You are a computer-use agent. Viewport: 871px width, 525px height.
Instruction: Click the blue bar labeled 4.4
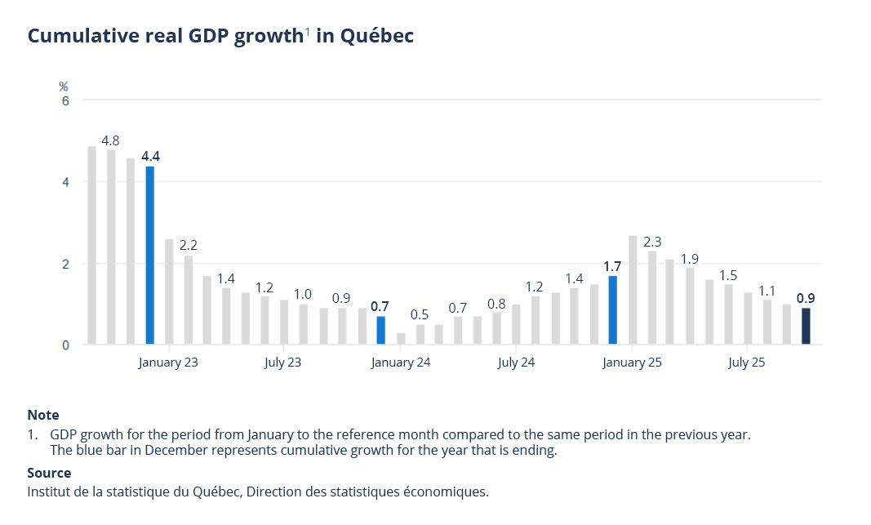coord(150,255)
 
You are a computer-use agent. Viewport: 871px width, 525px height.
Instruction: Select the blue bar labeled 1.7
coord(612,310)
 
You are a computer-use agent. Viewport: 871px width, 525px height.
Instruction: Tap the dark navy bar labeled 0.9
coord(806,326)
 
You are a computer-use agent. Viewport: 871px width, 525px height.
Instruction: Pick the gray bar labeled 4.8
coord(111,247)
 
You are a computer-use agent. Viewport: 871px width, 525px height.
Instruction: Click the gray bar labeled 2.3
coord(652,298)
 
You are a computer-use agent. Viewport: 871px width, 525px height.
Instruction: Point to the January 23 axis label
coord(168,363)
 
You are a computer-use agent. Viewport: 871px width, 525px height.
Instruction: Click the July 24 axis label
coord(517,363)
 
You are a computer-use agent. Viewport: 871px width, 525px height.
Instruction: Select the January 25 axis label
coord(633,363)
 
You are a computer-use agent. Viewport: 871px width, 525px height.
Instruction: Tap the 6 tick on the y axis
coord(65,100)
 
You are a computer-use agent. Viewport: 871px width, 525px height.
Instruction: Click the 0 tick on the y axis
coord(65,345)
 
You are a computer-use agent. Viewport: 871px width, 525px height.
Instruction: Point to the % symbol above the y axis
coord(64,86)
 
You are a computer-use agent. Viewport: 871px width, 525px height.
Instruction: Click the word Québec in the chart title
coord(377,37)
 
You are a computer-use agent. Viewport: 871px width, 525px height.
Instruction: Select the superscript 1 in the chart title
coord(308,32)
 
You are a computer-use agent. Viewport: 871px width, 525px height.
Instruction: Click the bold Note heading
coord(43,415)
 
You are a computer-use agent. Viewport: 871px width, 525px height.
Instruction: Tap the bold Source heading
coord(49,473)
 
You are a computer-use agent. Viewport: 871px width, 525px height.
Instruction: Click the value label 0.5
coord(420,314)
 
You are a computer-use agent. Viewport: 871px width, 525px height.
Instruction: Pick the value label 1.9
coord(690,259)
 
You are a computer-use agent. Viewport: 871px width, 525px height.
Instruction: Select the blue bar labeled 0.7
coord(380,331)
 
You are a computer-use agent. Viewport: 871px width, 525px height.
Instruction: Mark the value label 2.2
coord(189,245)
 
